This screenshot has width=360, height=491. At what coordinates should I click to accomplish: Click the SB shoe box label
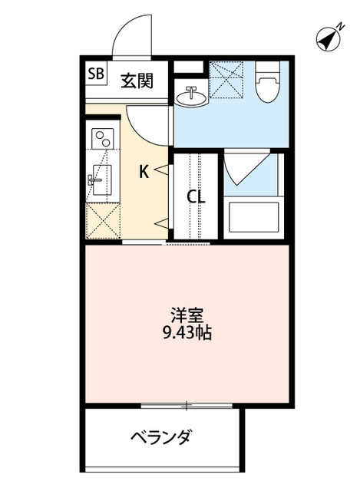(97, 74)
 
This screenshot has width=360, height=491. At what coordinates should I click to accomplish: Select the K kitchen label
(144, 172)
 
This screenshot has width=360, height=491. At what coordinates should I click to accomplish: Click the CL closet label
(197, 196)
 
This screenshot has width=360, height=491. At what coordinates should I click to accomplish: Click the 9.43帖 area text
(187, 334)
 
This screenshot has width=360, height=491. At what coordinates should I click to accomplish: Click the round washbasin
(190, 97)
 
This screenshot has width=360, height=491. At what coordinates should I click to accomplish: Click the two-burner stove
(101, 139)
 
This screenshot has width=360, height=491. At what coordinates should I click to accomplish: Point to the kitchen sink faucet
(96, 181)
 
